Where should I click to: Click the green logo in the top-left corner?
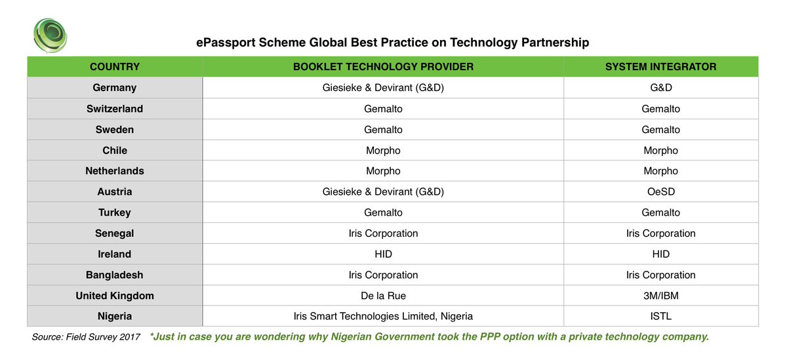50,35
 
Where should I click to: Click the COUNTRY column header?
115,67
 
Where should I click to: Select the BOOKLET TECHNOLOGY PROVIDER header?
383,67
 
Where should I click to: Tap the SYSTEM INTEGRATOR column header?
660,67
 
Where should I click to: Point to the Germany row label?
115,88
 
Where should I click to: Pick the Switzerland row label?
115,109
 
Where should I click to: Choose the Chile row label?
115,150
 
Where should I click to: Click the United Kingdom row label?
115,296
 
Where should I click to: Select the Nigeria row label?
115,316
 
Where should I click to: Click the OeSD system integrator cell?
660,192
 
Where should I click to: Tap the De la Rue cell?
383,296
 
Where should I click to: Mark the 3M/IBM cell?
660,296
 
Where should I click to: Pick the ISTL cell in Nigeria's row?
660,316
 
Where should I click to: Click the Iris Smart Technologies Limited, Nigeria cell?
383,316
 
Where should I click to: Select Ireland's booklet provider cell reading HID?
383,254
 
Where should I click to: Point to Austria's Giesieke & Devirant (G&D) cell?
383,192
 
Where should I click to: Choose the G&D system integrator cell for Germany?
660,88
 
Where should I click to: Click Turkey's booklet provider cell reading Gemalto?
383,212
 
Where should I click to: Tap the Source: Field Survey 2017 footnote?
86,337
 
